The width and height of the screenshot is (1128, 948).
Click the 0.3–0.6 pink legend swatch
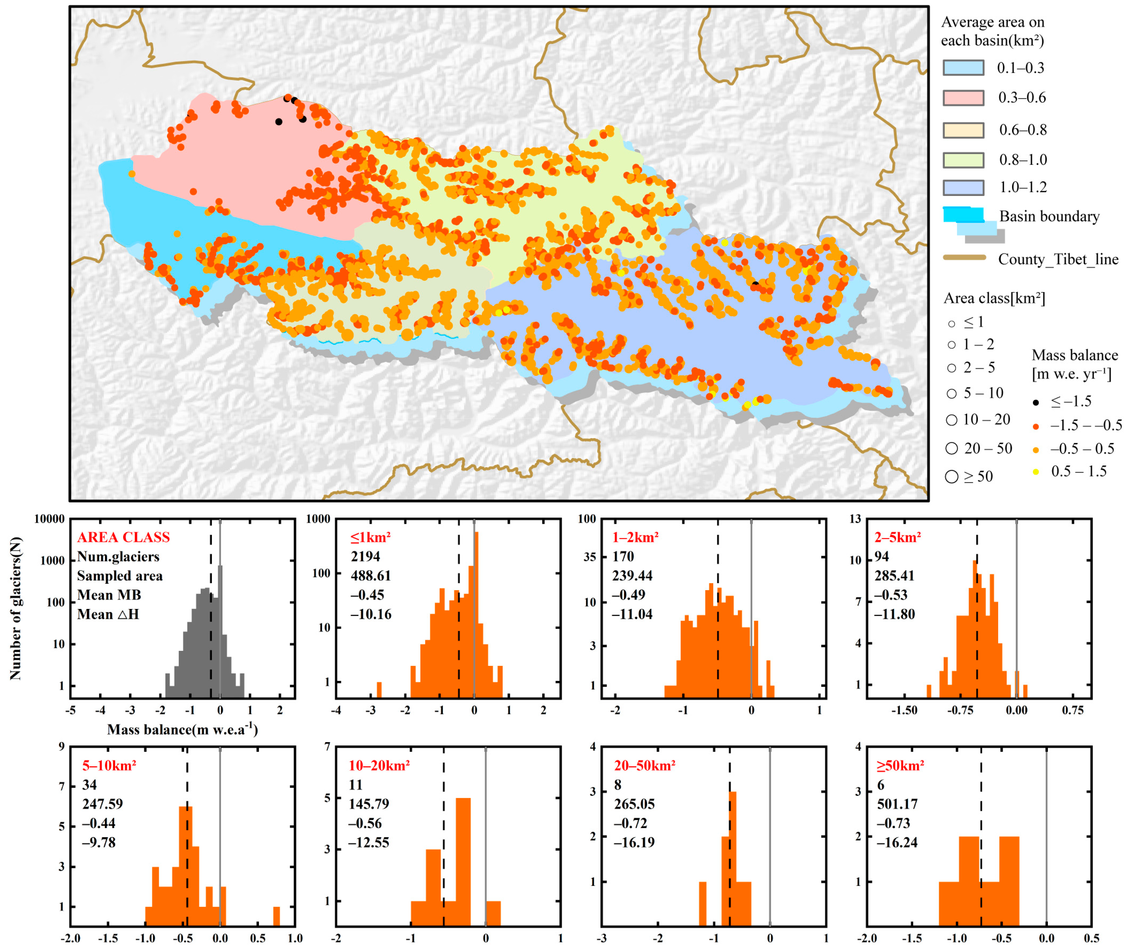click(x=963, y=98)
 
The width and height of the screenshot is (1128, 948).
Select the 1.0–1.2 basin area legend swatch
click(x=963, y=187)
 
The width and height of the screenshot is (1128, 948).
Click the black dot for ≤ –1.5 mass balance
click(x=1036, y=402)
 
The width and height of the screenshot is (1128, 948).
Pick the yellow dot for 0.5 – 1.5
click(x=1036, y=472)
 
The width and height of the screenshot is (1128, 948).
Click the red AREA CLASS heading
click(x=123, y=537)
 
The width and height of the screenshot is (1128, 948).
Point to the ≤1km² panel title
click(x=370, y=537)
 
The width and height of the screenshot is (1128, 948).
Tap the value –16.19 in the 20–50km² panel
click(x=634, y=842)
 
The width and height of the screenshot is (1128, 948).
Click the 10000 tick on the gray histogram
click(x=49, y=519)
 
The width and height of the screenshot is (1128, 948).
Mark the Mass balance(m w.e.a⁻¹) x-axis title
click(x=182, y=729)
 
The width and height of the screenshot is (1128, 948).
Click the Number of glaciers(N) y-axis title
click(x=16, y=608)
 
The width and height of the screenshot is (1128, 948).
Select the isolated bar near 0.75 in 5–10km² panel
click(x=276, y=916)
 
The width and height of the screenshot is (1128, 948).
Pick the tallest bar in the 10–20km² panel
click(x=463, y=860)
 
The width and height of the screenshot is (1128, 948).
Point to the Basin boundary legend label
click(x=1049, y=217)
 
